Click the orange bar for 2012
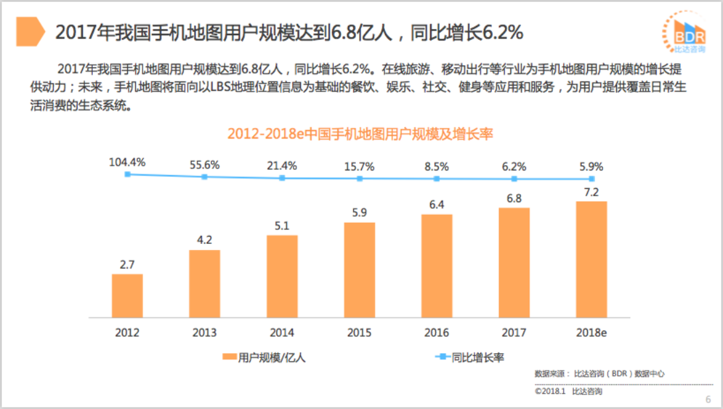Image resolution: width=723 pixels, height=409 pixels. [x=127, y=296]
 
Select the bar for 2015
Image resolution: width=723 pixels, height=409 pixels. [x=359, y=270]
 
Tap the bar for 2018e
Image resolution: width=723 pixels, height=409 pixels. [x=591, y=259]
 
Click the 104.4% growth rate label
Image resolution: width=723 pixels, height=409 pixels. [x=127, y=162]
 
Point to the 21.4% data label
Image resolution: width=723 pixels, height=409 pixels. [x=282, y=166]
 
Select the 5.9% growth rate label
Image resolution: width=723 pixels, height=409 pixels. [x=591, y=167]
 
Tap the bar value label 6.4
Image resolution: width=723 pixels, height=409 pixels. [x=437, y=205]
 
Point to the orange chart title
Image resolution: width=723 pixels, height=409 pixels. [x=361, y=134]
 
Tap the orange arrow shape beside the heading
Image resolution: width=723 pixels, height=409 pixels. [x=30, y=31]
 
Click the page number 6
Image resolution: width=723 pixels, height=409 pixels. [x=708, y=399]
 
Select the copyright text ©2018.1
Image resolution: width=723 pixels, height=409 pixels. [x=549, y=392]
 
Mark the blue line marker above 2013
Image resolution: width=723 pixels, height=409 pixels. [x=205, y=176]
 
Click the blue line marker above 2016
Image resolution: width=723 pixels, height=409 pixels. [x=437, y=178]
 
